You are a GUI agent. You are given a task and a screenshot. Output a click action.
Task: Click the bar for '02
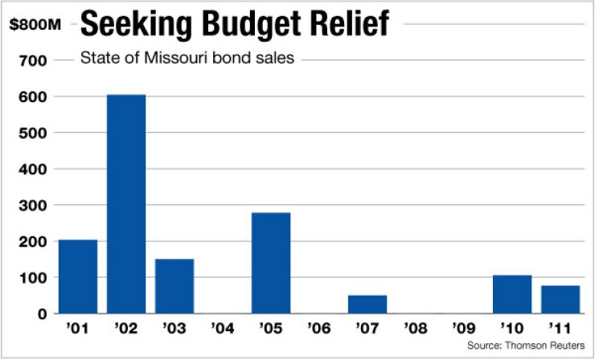[126, 204]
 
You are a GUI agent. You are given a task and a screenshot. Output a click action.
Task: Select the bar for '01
[78, 276]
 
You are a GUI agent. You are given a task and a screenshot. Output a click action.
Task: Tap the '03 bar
[174, 286]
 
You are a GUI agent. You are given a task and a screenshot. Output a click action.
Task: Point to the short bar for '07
[367, 305]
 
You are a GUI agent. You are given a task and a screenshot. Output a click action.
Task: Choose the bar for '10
[512, 294]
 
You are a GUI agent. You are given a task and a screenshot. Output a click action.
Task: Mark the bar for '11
[560, 300]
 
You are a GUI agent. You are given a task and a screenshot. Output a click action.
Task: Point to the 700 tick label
[38, 60]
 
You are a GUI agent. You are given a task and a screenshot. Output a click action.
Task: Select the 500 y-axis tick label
[38, 133]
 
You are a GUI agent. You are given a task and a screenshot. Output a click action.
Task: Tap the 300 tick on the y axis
[38, 205]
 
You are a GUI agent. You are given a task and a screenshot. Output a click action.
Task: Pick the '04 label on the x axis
[223, 329]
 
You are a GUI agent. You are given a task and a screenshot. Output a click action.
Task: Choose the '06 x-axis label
[319, 329]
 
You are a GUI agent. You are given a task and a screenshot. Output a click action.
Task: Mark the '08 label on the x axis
[416, 329]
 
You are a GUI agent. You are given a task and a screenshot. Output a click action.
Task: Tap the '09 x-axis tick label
[464, 329]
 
